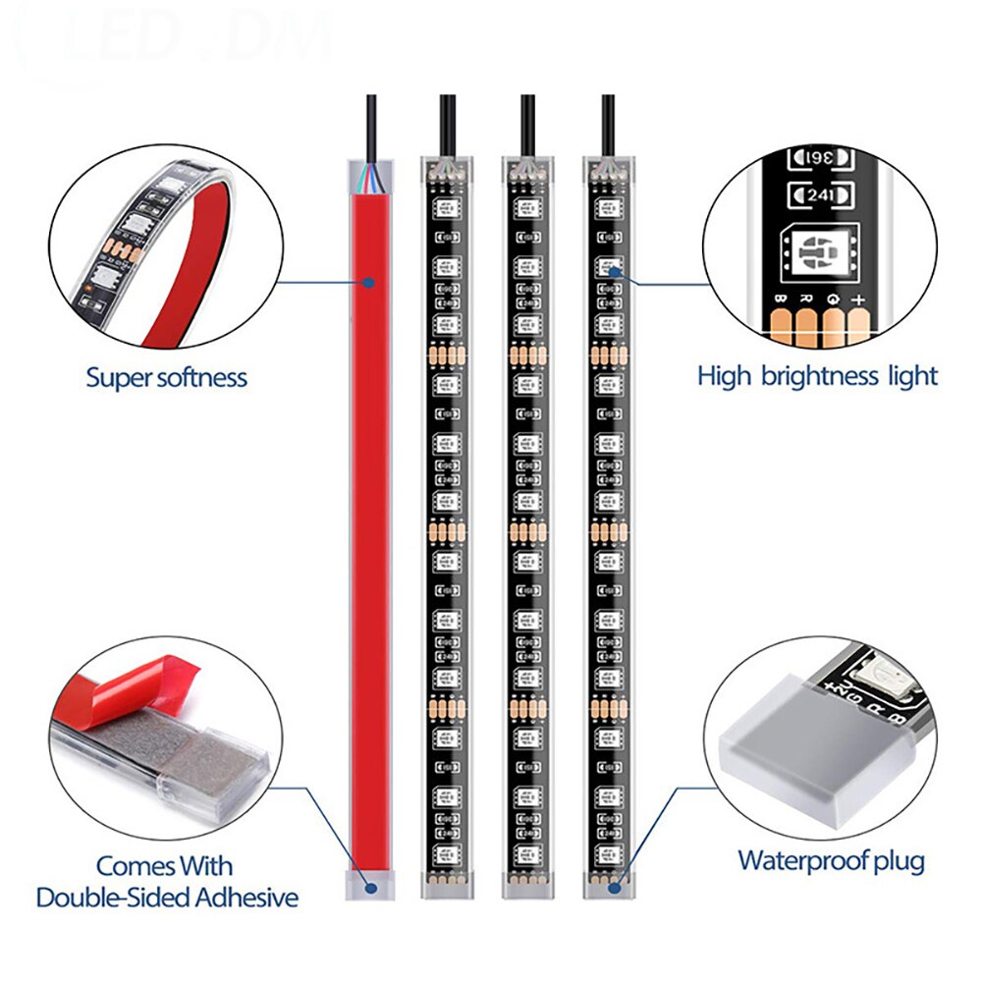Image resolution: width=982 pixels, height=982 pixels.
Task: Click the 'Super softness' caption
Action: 166,377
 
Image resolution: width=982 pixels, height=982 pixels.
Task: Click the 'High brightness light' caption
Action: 817,375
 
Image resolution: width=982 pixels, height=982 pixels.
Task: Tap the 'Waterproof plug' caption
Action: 831,861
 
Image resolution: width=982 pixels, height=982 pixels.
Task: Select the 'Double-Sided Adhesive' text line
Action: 167,897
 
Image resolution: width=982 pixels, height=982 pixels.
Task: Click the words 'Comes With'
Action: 164,866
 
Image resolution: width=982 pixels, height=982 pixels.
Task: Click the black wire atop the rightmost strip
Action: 609,123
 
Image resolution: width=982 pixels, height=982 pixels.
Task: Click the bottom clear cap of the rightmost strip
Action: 609,884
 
